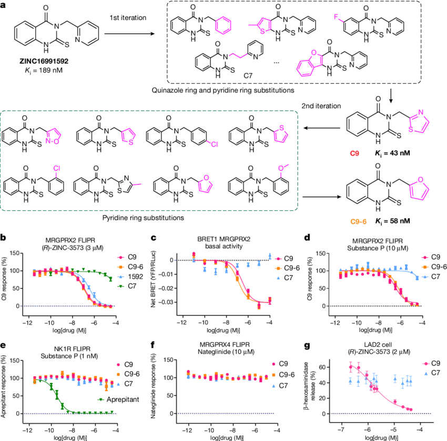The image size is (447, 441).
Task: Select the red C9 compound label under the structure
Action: point(355,153)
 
